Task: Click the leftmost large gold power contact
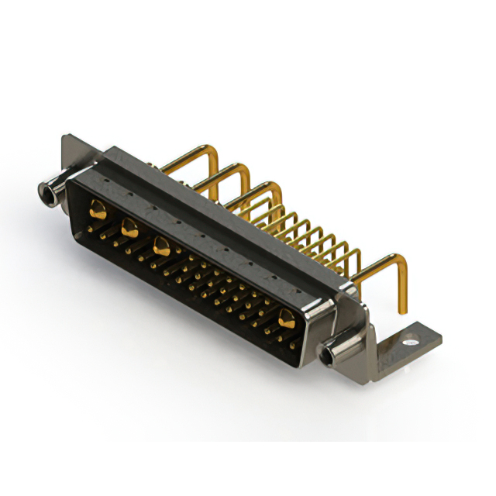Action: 98,208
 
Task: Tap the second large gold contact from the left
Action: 129,227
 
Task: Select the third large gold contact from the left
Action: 162,246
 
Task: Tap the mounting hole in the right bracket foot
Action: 411,339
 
